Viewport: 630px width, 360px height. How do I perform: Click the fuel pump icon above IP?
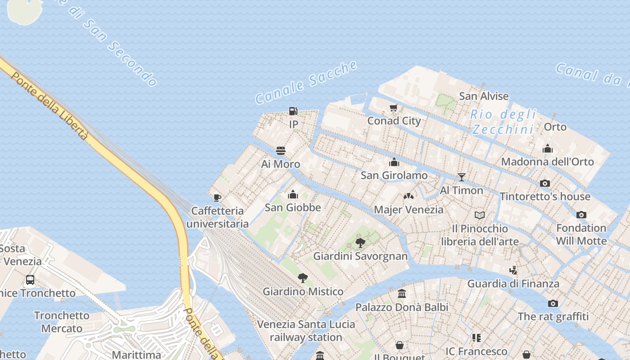coord(293,111)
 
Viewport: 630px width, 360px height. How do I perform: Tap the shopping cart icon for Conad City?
coord(394,108)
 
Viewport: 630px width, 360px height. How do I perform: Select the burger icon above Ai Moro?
coord(281,151)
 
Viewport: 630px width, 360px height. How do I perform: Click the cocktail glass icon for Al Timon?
coord(461,177)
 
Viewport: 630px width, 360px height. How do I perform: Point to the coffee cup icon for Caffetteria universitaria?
coord(217,198)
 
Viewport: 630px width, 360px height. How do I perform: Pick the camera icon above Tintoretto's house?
coord(545,183)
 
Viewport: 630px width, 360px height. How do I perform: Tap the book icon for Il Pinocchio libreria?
coord(480,215)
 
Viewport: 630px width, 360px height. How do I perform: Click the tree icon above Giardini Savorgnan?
coord(360,243)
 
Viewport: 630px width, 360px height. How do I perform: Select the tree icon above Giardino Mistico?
coord(303,278)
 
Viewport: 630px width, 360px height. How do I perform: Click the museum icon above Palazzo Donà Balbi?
coord(402,294)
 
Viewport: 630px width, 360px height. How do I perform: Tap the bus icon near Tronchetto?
coord(30,280)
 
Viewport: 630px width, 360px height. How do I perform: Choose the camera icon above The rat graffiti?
coord(553,303)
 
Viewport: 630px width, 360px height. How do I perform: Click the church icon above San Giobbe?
coord(293,194)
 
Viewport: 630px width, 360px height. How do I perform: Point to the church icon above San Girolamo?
coord(394,162)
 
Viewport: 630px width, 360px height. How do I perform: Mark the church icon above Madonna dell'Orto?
coord(547,148)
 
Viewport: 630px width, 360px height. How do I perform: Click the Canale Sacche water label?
coord(306,82)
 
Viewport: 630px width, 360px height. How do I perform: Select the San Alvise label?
coord(484,96)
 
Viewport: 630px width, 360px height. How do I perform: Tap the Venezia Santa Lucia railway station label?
coord(306,330)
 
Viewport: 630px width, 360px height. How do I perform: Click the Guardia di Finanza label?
coord(513,283)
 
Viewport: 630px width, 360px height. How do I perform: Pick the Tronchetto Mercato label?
coord(62,322)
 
